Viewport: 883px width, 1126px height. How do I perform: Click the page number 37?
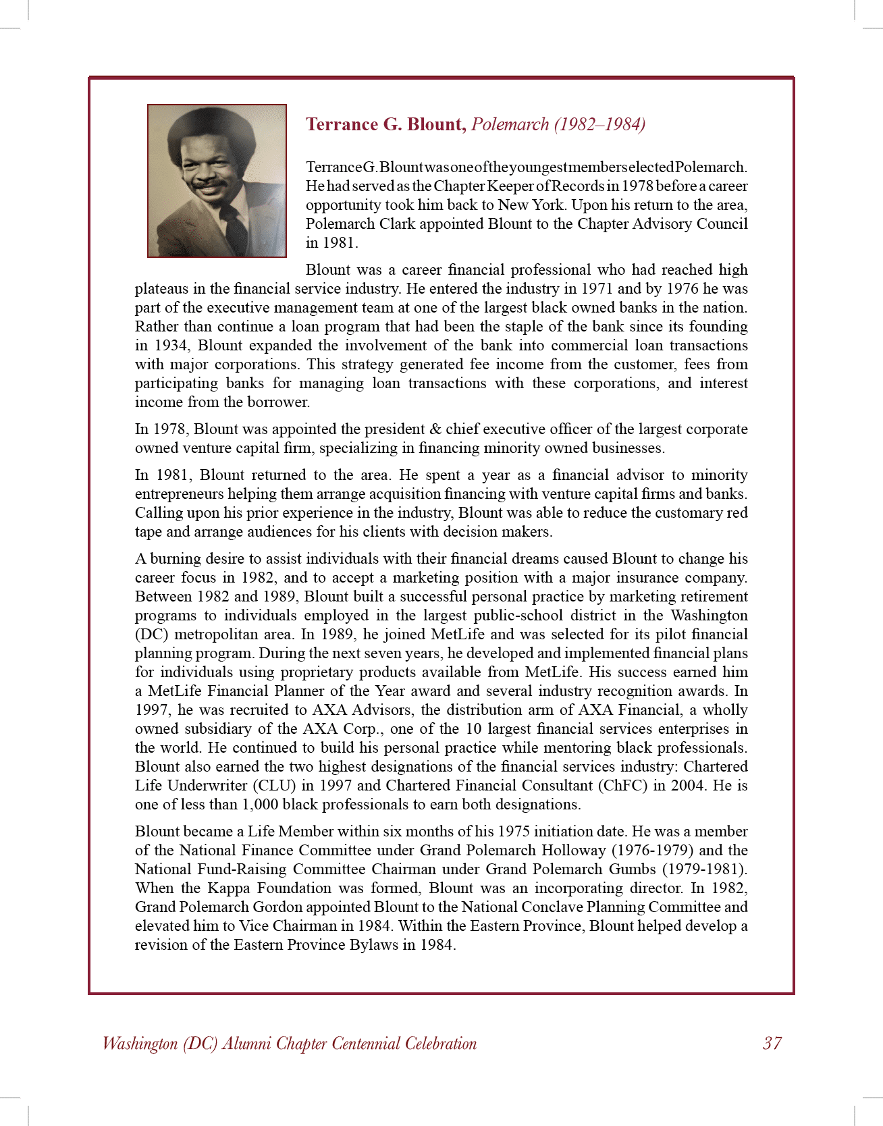pyautogui.click(x=772, y=1043)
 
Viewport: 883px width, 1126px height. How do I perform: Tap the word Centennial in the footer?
pyautogui.click(x=354, y=1043)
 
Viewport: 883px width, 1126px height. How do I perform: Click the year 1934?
pyautogui.click(x=171, y=345)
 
